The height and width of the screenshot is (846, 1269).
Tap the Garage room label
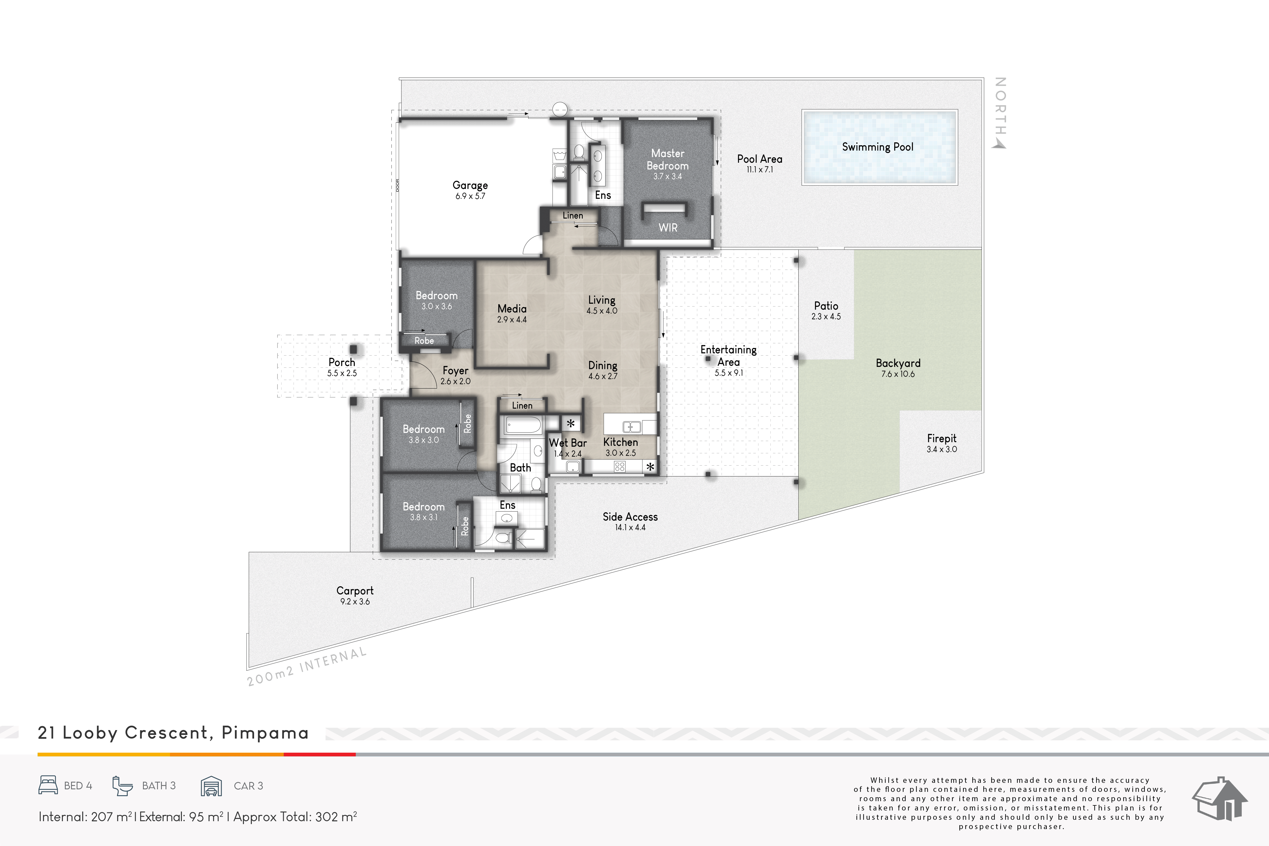pyautogui.click(x=470, y=185)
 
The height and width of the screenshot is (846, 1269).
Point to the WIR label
pyautogui.click(x=668, y=228)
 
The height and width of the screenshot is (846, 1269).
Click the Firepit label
pyautogui.click(x=942, y=439)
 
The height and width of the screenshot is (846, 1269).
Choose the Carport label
pyautogui.click(x=355, y=591)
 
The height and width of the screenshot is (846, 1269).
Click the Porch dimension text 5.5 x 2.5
pyautogui.click(x=342, y=373)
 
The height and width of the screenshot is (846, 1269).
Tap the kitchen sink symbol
pyautogui.click(x=632, y=427)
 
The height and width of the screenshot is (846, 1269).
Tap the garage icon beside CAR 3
pyautogui.click(x=211, y=786)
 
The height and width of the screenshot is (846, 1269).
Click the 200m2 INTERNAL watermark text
pyautogui.click(x=307, y=667)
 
